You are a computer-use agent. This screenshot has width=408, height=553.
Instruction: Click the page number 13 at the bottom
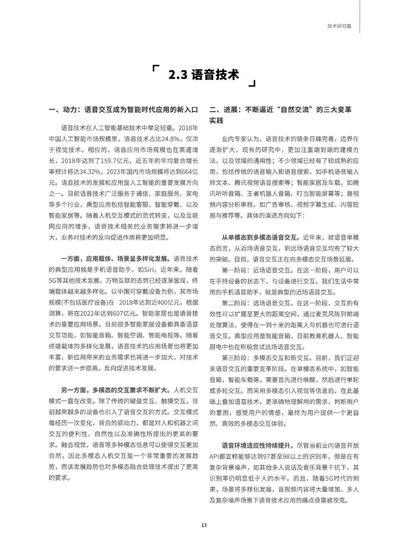[x=204, y=525]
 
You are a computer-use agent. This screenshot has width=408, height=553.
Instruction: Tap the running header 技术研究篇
[x=339, y=26]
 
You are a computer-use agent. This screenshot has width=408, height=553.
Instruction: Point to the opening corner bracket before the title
[x=155, y=68]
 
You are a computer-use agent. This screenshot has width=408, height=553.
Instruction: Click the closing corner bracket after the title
[x=252, y=83]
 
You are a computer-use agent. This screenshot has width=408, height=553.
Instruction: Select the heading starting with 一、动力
[x=124, y=110]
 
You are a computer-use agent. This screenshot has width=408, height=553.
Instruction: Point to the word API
[x=215, y=456]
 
